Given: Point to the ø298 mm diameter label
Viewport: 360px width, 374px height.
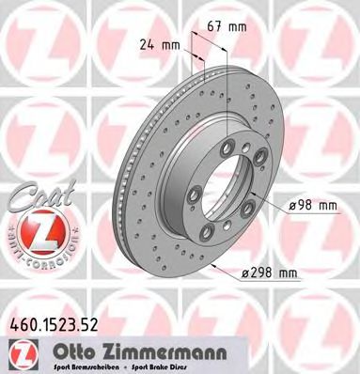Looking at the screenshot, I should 272,273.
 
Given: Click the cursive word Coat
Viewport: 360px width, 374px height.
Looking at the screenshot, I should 33,193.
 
